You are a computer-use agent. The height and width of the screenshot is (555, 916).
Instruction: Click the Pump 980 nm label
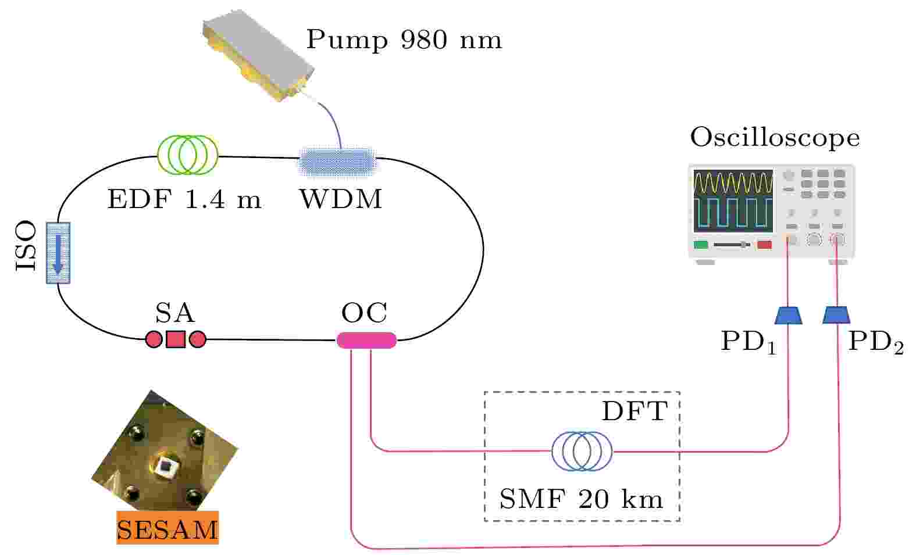pos(404,40)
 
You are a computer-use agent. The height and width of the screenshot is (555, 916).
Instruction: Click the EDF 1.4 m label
pos(184,200)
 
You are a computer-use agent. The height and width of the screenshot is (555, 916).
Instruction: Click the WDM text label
pos(341,199)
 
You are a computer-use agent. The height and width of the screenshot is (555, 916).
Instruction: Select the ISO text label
pos(26,246)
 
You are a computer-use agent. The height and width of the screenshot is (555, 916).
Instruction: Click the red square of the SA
pos(176,339)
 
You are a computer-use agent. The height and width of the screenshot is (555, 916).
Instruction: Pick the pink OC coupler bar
pos(366,340)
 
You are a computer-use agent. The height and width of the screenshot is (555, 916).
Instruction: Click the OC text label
pos(364,314)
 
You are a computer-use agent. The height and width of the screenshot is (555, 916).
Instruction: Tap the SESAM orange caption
pos(167,528)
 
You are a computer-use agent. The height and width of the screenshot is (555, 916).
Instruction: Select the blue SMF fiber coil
pos(582,450)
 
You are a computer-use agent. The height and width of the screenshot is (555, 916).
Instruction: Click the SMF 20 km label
pos(581,499)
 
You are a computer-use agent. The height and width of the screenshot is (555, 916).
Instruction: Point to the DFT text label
pos(635,412)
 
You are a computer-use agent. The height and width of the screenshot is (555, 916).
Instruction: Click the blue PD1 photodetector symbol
pos(789,315)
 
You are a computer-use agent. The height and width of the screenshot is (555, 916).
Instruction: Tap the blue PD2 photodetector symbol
pos(836,315)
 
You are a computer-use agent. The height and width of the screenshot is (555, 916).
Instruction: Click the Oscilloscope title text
pos(774,138)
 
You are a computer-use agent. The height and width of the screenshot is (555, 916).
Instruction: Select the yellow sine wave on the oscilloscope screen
pos(733,182)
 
